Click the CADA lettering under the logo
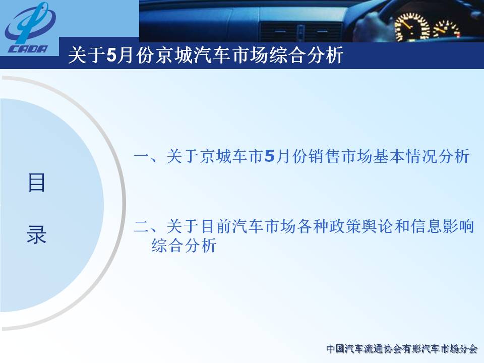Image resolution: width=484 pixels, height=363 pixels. point(28,49)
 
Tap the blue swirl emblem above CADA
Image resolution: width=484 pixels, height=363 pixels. point(30,24)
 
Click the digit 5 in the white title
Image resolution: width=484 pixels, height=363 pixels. point(111,55)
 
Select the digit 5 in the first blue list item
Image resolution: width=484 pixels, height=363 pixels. point(269,156)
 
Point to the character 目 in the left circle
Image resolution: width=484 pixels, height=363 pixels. point(36,183)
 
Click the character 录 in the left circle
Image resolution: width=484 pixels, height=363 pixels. point(36,234)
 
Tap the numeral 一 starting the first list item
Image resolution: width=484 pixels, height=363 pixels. point(141,156)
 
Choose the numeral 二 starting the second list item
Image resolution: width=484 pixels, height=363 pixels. point(141,226)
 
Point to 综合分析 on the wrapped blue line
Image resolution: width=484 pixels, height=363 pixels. point(184,246)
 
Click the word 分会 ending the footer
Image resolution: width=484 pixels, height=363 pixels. point(468,349)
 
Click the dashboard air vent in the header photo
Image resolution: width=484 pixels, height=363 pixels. point(301,32)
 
